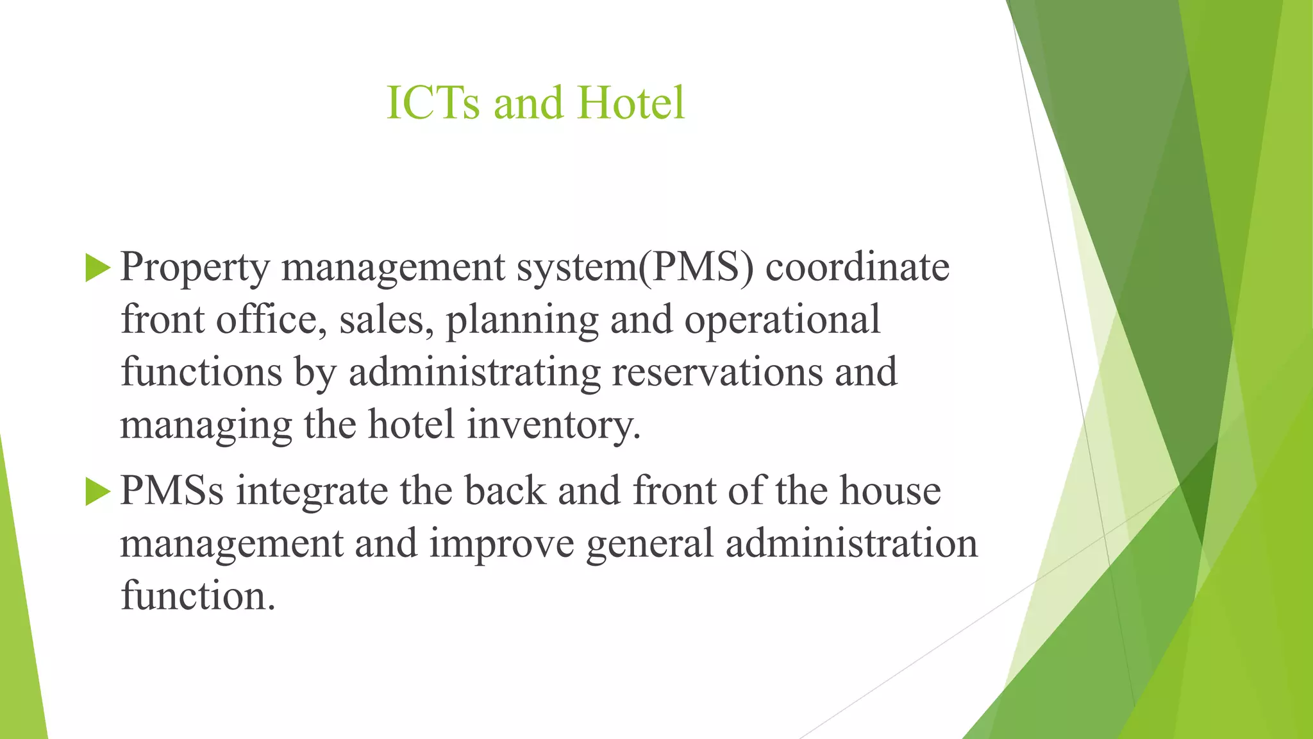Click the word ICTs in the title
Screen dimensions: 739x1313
(433, 103)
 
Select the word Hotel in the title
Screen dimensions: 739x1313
(631, 103)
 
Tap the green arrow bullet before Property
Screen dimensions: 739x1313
(97, 268)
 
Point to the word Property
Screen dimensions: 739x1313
(195, 268)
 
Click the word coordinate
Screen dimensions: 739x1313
(857, 267)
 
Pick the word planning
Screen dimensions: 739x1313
(521, 321)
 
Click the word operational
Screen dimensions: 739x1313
(782, 321)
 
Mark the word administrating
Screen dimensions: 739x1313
(474, 373)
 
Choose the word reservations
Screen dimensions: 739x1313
(717, 372)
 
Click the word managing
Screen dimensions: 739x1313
(206, 426)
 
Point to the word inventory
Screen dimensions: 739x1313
(553, 426)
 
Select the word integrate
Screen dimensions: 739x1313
(312, 491)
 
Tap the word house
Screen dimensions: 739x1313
(890, 491)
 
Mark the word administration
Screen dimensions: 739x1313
(851, 543)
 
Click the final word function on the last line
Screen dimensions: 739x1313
(197, 596)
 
